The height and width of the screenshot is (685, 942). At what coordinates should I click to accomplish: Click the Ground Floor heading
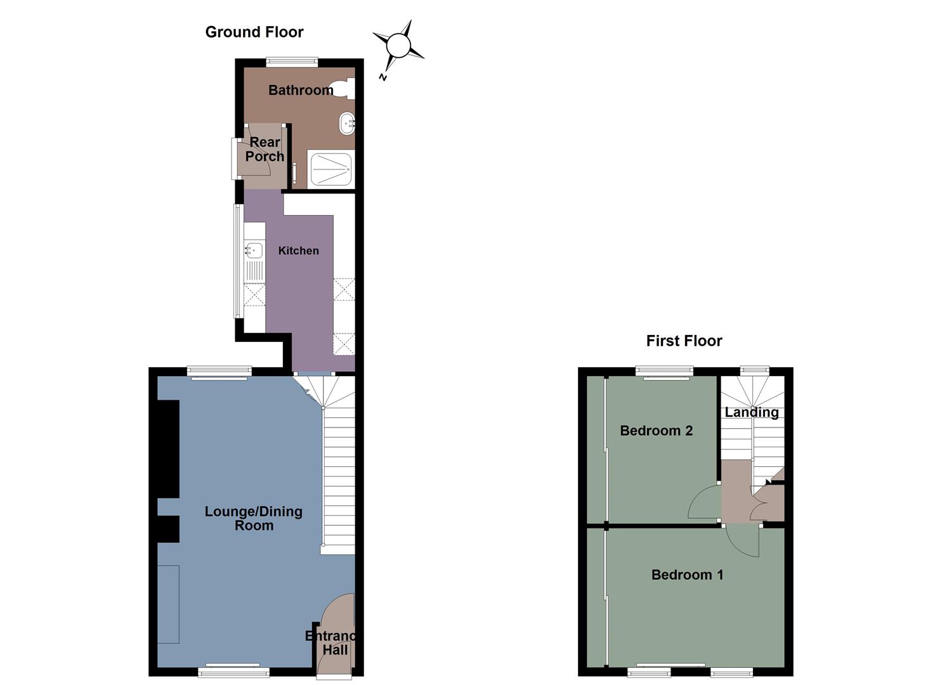254,32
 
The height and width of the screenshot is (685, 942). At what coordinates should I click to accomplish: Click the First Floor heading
684,341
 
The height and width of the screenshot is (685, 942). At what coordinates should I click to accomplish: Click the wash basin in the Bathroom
346,124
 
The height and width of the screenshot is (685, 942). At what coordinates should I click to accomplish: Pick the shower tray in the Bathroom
330,169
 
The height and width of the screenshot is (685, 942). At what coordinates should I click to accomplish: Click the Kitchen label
298,251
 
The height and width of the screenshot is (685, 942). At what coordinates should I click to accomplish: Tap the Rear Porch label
265,149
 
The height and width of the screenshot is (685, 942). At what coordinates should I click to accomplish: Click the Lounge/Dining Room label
253,518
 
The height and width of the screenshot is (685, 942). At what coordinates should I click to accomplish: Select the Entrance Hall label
331,643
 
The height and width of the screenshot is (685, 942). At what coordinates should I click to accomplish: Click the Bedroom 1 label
687,575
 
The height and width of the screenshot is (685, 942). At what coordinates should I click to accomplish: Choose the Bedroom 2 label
656,431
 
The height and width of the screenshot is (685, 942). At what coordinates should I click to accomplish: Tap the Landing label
752,412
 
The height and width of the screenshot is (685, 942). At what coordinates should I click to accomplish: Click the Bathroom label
300,90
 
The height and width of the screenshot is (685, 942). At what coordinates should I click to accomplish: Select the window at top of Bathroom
292,62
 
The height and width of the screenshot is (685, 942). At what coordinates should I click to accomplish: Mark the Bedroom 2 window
664,370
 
